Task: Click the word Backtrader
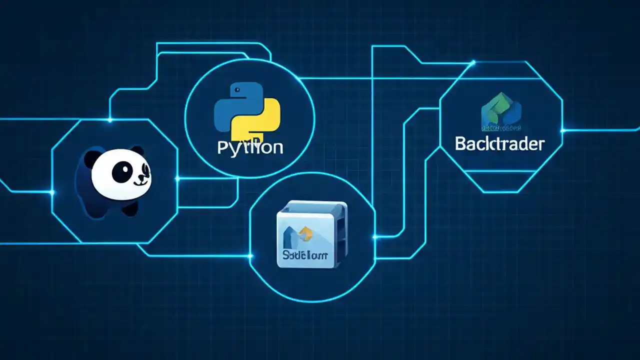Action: pyautogui.click(x=499, y=144)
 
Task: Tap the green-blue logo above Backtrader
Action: pyautogui.click(x=500, y=111)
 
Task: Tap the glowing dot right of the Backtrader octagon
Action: pyautogui.click(x=562, y=130)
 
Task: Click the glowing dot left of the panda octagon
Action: pyautogui.click(x=52, y=192)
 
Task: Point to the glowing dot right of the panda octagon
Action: pyautogui.click(x=177, y=178)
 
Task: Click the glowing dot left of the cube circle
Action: pyautogui.click(x=250, y=256)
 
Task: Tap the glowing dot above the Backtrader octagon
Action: pyautogui.click(x=472, y=63)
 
